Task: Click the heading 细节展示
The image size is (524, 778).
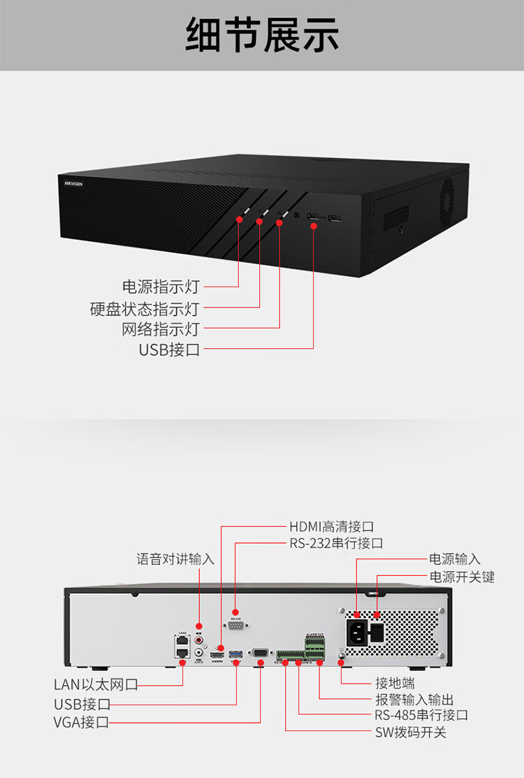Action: click(x=262, y=35)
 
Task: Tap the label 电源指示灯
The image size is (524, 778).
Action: click(x=161, y=287)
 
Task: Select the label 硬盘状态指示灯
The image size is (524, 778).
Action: click(x=145, y=308)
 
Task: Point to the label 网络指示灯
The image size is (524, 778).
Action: click(x=161, y=329)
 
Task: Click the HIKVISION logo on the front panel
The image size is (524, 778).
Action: click(x=73, y=183)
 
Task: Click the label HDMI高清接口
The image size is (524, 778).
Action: click(x=332, y=526)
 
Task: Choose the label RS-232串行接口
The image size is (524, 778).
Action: click(x=336, y=543)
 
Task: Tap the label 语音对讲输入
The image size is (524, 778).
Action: click(x=175, y=559)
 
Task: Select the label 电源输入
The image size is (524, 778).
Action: click(x=455, y=559)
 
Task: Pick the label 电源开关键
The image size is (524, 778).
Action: click(x=462, y=577)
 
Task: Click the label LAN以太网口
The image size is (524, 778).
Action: click(x=96, y=684)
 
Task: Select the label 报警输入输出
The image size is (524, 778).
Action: click(x=414, y=699)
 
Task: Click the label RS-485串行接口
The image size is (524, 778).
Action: click(x=421, y=715)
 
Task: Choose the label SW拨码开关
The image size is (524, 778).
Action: click(x=411, y=732)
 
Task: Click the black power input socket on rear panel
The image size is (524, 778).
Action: click(x=357, y=634)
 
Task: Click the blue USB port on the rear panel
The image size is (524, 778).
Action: click(x=235, y=654)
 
